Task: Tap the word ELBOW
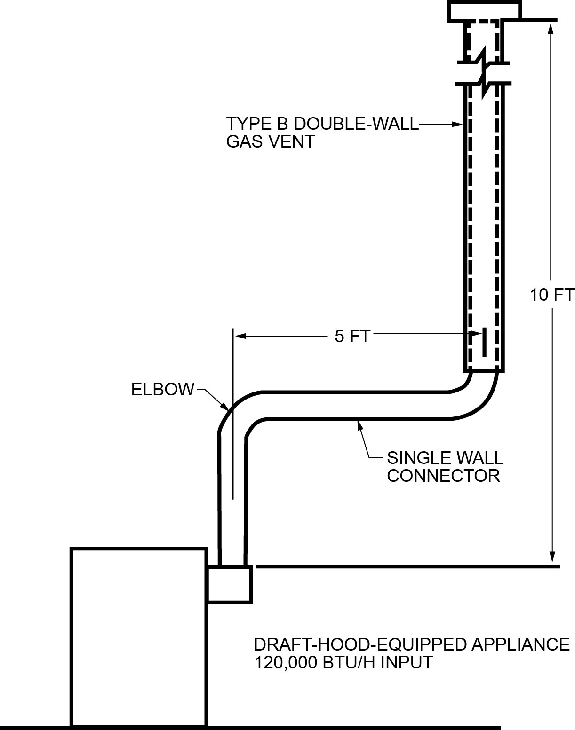coord(162,389)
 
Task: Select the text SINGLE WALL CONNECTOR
coord(445,466)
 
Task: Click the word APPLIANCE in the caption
coord(520,644)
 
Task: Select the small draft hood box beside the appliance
coord(230,583)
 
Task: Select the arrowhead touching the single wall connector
coord(360,425)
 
